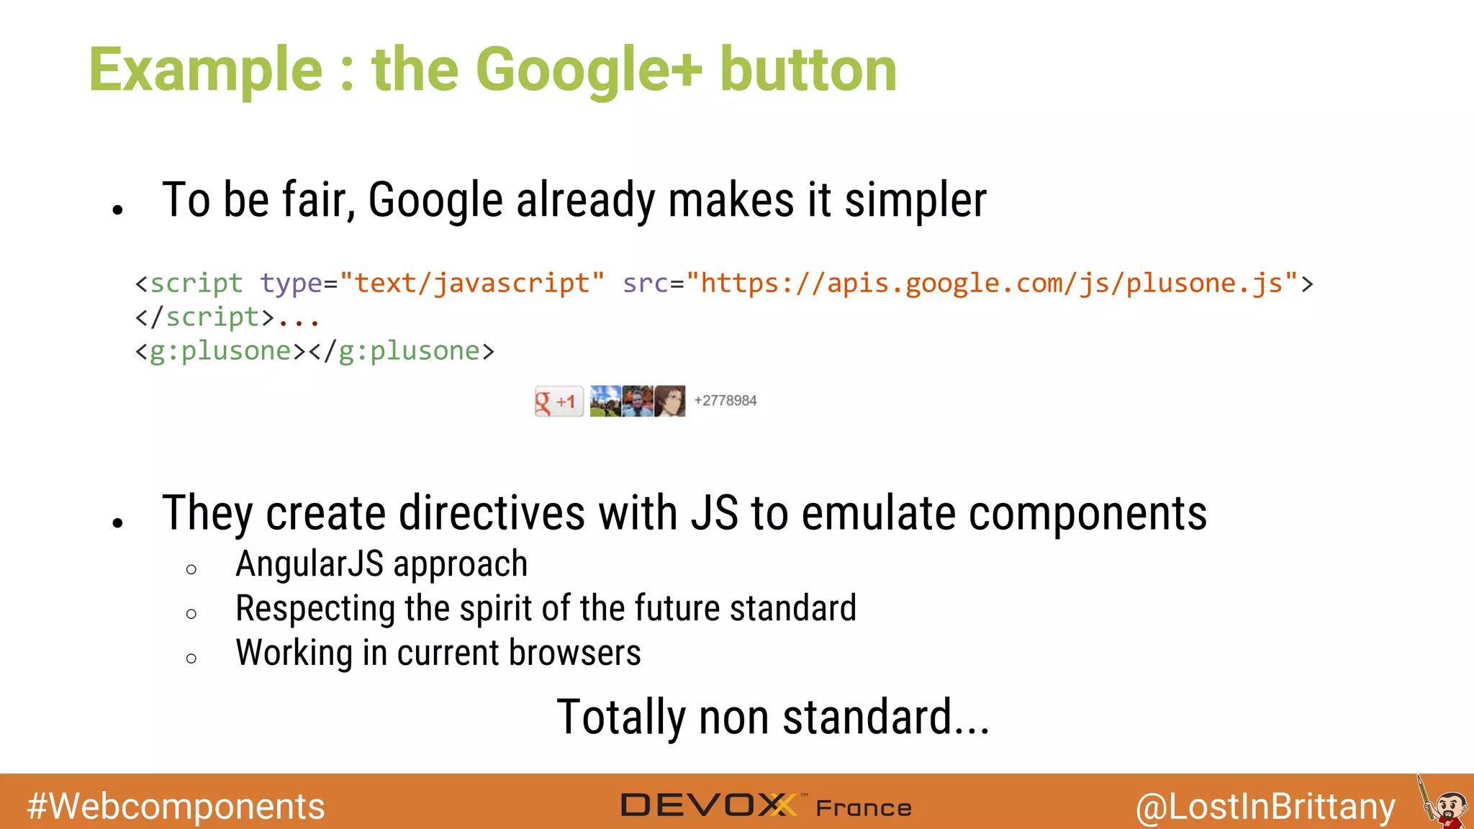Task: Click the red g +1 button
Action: click(559, 402)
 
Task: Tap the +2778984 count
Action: click(725, 401)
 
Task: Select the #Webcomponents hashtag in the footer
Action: click(176, 806)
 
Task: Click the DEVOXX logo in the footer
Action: click(708, 805)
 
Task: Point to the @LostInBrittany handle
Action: click(1265, 807)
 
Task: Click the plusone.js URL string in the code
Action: click(992, 284)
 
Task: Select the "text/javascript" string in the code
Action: click(472, 284)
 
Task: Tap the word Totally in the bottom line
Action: click(621, 718)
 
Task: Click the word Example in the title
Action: click(206, 71)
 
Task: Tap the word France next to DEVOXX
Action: click(864, 808)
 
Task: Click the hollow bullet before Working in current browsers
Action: click(191, 658)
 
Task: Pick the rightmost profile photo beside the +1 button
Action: click(669, 401)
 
